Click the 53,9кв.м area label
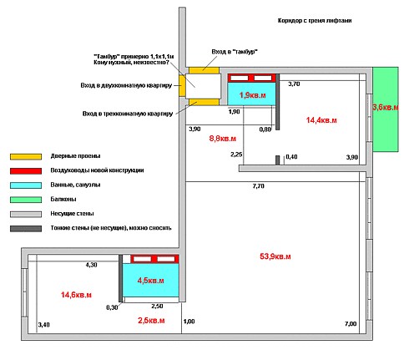coord(275,256)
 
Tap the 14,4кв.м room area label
coord(321,120)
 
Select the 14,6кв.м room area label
coord(76,295)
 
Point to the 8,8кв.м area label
coord(223,139)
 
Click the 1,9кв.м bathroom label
coord(252,95)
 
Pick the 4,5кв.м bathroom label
coord(150,281)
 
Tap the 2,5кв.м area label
coord(151,320)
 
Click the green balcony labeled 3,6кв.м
coord(386,109)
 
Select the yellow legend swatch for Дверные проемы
coord(26,156)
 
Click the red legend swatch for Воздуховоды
coord(26,170)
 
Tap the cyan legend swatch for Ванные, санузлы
coord(26,185)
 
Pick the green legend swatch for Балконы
coord(26,200)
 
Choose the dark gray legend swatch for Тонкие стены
coord(26,229)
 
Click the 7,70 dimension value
coord(258,186)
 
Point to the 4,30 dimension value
coord(91,265)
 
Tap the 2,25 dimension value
coord(236,155)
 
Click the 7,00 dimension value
coord(351,323)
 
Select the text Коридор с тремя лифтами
coord(315,21)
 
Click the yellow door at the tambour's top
coord(204,70)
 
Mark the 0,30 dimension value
coord(112,307)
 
